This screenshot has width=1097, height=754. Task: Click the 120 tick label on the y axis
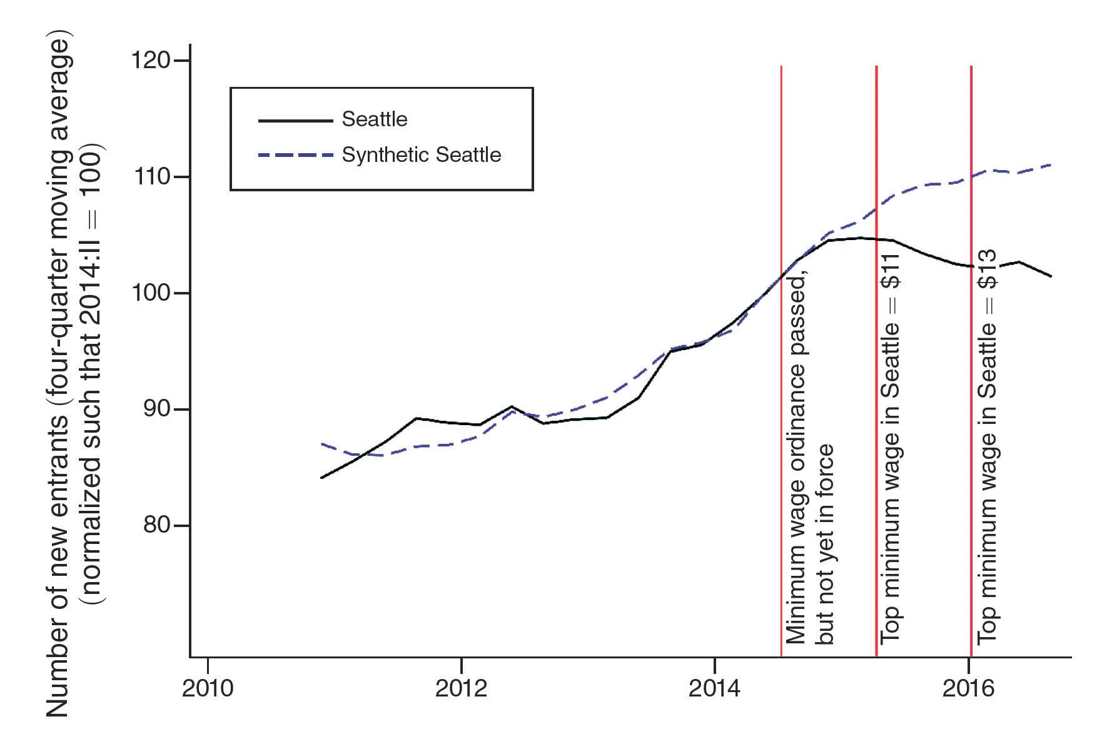(x=150, y=61)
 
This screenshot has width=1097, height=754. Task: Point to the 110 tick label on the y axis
(x=152, y=177)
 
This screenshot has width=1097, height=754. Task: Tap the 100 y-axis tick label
(x=150, y=293)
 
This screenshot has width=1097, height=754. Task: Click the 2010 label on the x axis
(x=208, y=688)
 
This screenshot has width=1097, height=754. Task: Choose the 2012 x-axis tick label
(x=461, y=688)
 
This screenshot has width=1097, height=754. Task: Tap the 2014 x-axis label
(x=714, y=688)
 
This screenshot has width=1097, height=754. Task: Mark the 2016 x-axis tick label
(x=968, y=688)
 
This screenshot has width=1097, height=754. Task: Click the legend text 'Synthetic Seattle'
(x=422, y=155)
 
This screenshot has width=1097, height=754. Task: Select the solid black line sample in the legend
(x=295, y=120)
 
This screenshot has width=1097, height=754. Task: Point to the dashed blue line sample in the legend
(x=295, y=155)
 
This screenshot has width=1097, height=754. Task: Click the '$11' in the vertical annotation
(x=890, y=271)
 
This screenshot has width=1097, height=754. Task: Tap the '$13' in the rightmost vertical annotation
(x=987, y=269)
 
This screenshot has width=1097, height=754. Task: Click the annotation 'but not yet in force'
(x=824, y=544)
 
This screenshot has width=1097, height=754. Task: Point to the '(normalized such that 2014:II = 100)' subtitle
(x=91, y=375)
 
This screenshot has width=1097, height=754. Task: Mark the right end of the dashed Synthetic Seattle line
(x=1051, y=164)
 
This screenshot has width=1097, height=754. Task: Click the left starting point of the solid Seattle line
(x=321, y=478)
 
